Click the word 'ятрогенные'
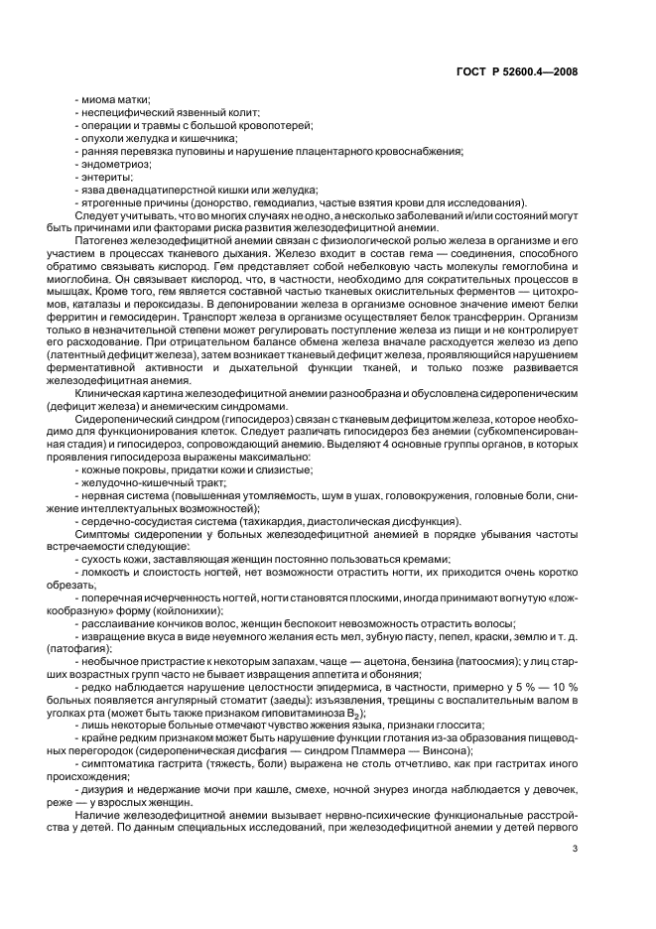(110, 200)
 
